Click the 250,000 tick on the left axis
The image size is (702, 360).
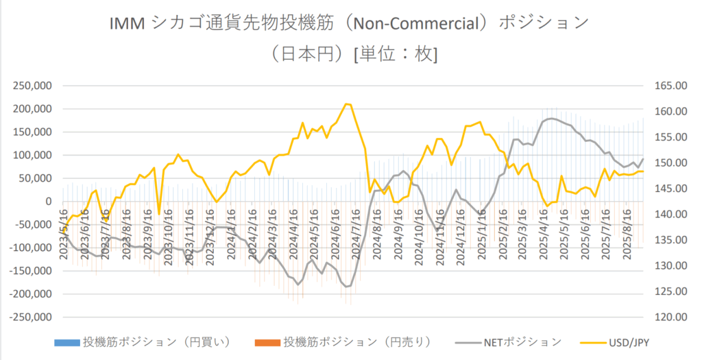coord(32,86)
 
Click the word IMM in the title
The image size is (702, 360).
coord(125,23)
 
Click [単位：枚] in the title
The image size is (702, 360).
coord(395,54)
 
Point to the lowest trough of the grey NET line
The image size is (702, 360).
coord(347,287)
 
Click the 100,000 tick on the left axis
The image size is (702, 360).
coord(32,155)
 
